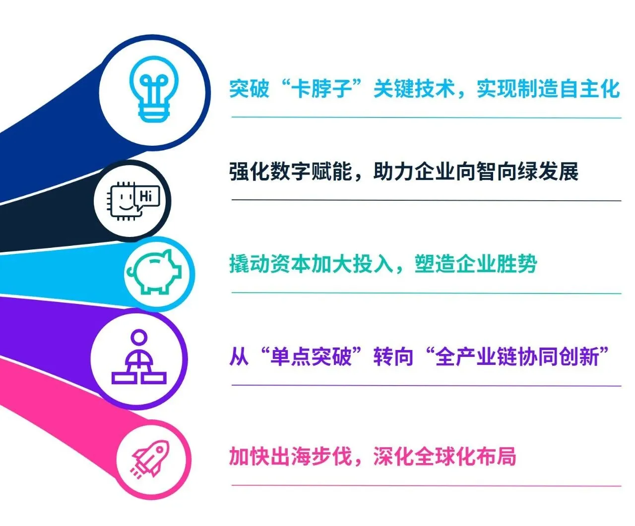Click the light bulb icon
click(x=154, y=90)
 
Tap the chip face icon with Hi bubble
click(x=133, y=201)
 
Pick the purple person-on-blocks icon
click(x=139, y=359)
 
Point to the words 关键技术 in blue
click(x=414, y=89)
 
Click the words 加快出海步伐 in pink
click(x=291, y=457)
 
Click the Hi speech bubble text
click(x=146, y=196)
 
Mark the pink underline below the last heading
click(x=426, y=486)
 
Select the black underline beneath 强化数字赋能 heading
click(x=426, y=200)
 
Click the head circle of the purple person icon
click(x=139, y=337)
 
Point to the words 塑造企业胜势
click(x=476, y=264)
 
